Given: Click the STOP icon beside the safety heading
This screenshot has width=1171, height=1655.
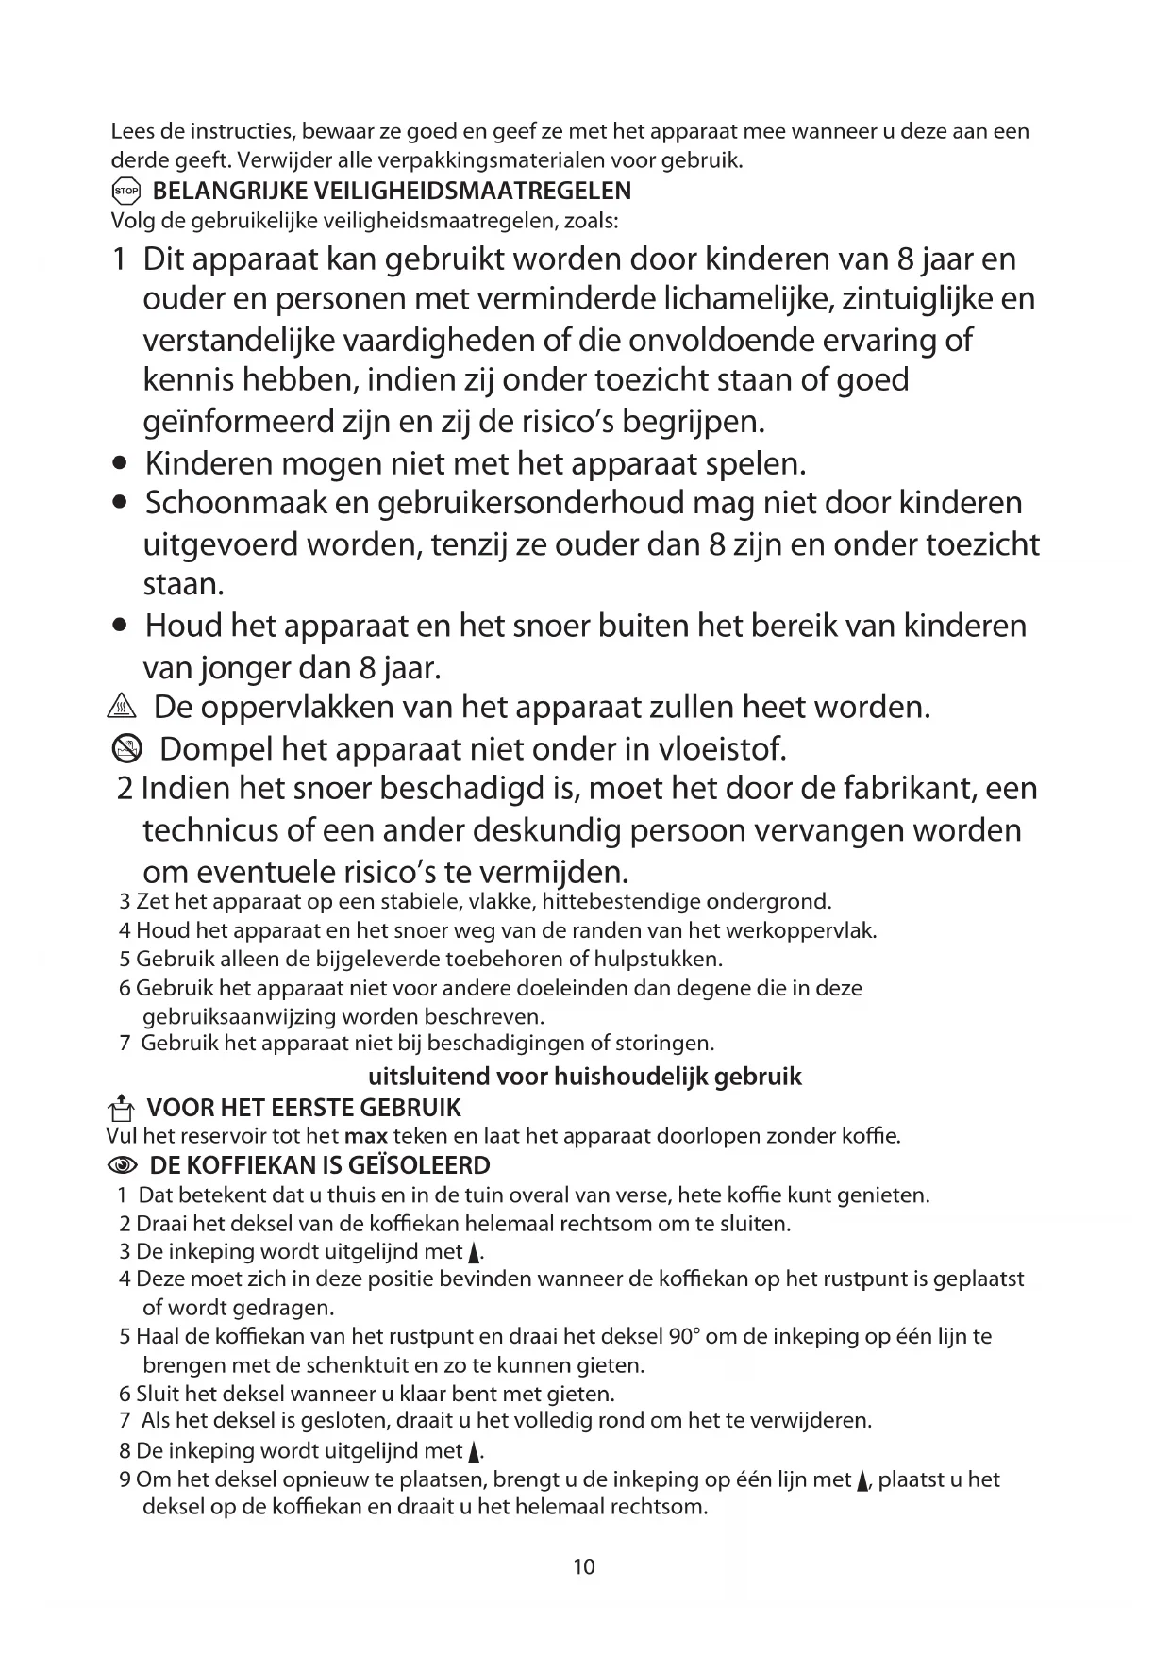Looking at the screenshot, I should [125, 192].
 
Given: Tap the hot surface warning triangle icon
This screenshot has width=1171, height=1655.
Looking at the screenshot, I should [124, 708].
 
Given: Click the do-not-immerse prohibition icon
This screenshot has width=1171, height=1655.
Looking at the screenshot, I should [126, 749].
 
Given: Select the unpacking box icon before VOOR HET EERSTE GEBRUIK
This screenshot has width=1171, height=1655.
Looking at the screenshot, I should [119, 1107].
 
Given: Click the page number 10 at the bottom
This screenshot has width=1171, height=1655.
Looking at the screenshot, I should [584, 1567].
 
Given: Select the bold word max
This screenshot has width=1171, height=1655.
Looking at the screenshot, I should [367, 1136].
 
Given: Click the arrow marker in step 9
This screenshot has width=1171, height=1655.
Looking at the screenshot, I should [862, 1480].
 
